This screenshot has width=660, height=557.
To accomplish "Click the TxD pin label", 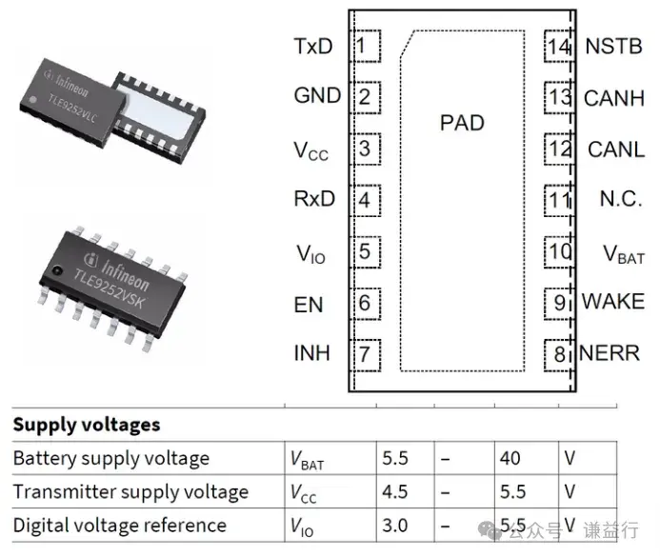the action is coord(313,47).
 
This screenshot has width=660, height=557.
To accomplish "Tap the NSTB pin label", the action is coord(614,47).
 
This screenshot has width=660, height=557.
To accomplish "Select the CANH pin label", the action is coord(614,98).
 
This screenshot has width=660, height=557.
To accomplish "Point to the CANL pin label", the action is coord(616,149).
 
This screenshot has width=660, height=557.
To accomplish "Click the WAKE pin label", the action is coord(613,302).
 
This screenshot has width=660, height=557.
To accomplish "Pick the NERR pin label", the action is coord(610,353).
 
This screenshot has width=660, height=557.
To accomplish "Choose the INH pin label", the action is coord(311,353).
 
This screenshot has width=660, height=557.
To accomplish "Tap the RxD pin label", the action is coord(314,199).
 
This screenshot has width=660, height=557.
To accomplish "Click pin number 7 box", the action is coord(366,355).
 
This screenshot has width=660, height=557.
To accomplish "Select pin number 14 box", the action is coord(559,47).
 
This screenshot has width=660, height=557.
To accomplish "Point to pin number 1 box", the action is coord(366,47).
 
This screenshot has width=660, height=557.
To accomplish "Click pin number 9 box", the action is coord(559,304).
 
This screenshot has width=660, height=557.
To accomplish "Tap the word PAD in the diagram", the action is coord(462,123).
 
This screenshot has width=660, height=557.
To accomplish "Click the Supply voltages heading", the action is coord(87,425).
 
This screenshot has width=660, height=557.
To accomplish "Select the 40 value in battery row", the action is coord(510,458).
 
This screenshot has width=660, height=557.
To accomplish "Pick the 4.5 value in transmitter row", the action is coord(395,492).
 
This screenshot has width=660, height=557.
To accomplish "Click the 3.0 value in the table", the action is coord(395,526).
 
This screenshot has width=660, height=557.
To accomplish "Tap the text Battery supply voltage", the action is coord(111,459).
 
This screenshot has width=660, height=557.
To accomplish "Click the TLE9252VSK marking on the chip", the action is coord(110,288).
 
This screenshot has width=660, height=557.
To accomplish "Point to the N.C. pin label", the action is coord(621,199).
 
